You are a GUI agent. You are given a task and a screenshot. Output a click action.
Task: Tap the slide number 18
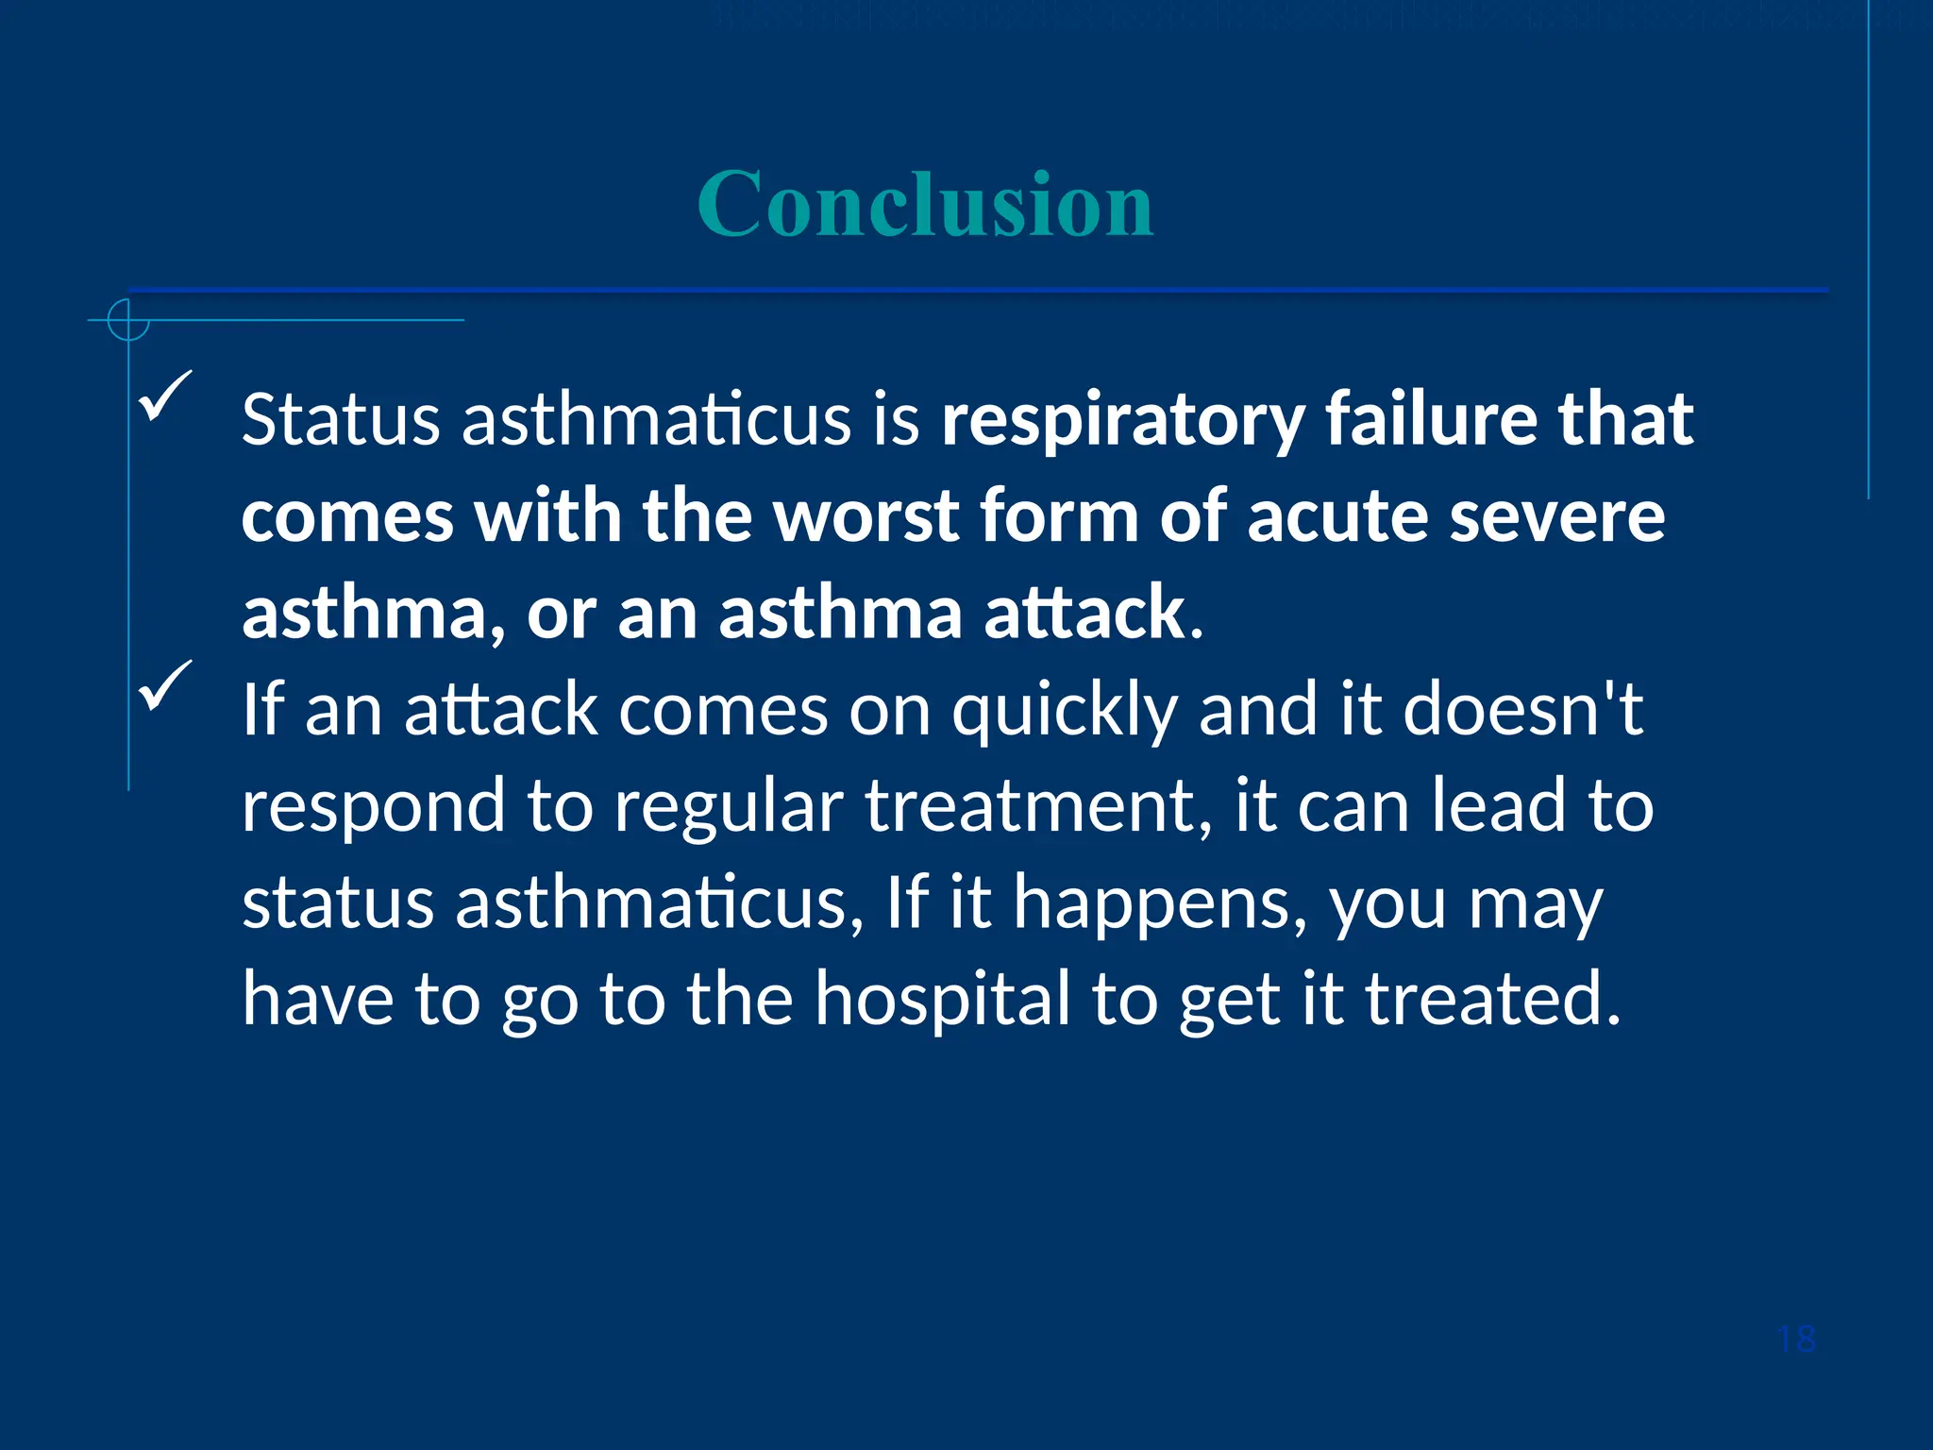click(1795, 1340)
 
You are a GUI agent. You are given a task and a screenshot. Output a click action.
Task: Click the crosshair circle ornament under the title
click(128, 320)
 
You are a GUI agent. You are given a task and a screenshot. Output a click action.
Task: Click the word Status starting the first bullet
click(340, 419)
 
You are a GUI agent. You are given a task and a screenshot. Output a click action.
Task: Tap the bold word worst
click(866, 516)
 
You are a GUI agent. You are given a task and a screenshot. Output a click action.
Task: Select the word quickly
click(1064, 711)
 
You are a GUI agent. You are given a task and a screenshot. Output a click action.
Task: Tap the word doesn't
click(1523, 709)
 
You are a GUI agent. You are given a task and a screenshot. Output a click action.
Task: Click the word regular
click(729, 808)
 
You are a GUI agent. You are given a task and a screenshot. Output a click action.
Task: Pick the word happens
click(1160, 904)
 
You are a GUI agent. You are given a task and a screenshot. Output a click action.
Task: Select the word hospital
click(942, 1000)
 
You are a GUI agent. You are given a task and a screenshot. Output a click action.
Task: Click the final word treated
click(1493, 1000)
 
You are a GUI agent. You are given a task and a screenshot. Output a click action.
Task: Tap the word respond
click(373, 808)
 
